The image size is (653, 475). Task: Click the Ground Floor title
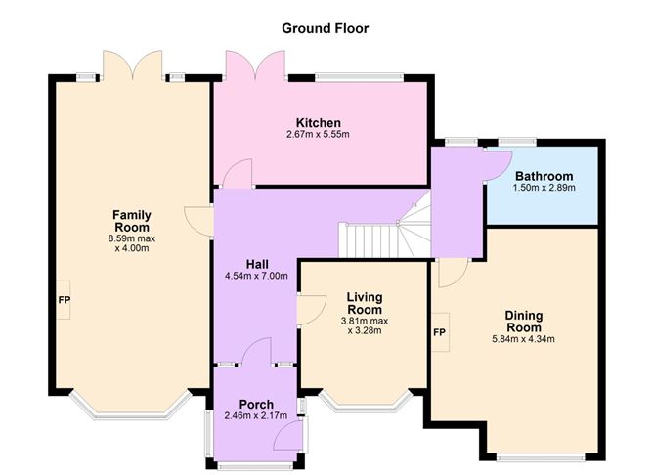click(325, 28)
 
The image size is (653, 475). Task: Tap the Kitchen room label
click(318, 123)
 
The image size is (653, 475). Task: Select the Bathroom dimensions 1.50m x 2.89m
click(544, 188)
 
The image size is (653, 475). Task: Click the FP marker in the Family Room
click(64, 300)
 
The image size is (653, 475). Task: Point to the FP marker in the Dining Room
click(439, 332)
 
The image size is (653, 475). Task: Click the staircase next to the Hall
click(383, 234)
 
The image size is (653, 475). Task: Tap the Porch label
click(256, 405)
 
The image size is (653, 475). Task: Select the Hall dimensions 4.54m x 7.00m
click(256, 276)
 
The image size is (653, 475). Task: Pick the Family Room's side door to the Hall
click(198, 222)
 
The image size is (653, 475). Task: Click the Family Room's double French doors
click(132, 65)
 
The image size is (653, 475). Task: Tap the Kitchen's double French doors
click(255, 65)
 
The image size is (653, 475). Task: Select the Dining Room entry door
click(454, 273)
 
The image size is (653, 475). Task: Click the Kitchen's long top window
click(359, 77)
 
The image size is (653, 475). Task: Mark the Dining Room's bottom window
click(541, 457)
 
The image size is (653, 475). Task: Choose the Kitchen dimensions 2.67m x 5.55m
click(318, 135)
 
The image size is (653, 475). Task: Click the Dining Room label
click(524, 321)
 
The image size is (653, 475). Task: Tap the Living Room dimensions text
click(365, 326)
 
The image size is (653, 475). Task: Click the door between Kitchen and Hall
click(238, 174)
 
